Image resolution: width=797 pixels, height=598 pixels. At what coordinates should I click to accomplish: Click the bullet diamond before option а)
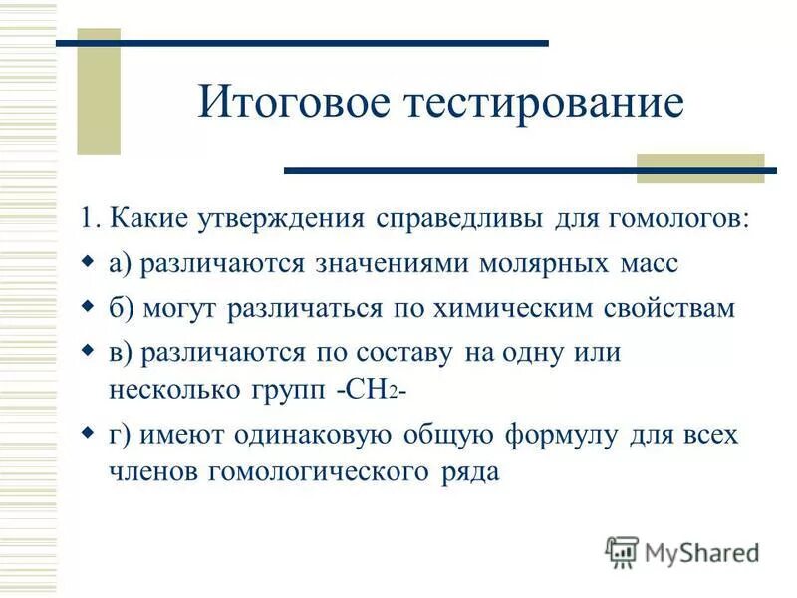(x=88, y=262)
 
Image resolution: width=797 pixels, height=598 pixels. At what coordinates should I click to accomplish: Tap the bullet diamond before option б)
(x=88, y=307)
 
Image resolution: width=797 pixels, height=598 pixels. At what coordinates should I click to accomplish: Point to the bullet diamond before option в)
(x=88, y=351)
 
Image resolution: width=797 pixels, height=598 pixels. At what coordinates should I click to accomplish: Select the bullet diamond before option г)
(x=88, y=435)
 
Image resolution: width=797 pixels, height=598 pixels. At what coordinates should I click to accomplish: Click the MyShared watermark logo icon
(x=621, y=551)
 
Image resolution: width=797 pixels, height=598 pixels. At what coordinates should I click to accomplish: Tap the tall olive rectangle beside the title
(x=99, y=92)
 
